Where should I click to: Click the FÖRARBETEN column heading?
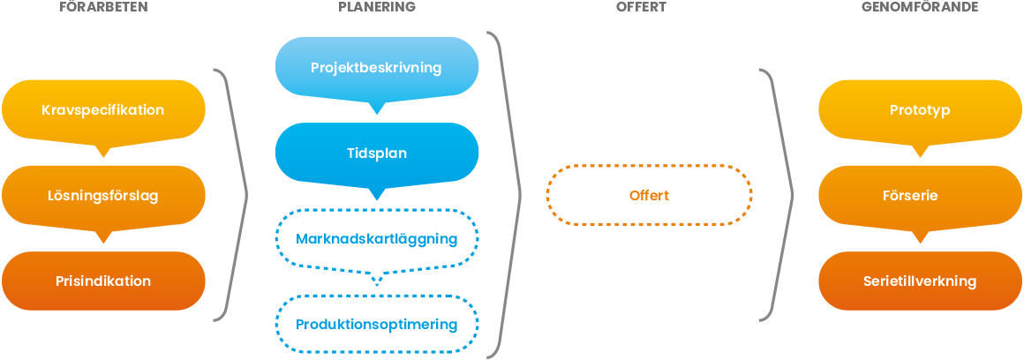pyautogui.click(x=103, y=7)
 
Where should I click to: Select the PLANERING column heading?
pyautogui.click(x=377, y=7)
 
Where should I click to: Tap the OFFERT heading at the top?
pyautogui.click(x=641, y=7)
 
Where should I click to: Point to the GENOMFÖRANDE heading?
pyautogui.click(x=920, y=7)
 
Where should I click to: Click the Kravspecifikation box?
pyautogui.click(x=103, y=110)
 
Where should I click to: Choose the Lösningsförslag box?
pyautogui.click(x=103, y=196)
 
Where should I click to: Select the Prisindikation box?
pyautogui.click(x=103, y=281)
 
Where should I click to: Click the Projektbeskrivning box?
pyautogui.click(x=377, y=67)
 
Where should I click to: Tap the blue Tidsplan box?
pyautogui.click(x=377, y=153)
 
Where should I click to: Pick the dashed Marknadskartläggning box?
pyautogui.click(x=377, y=239)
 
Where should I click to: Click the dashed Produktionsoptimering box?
pyautogui.click(x=377, y=324)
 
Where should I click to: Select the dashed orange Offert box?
pyautogui.click(x=649, y=195)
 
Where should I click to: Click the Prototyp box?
pyautogui.click(x=920, y=110)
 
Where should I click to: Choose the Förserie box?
pyautogui.click(x=920, y=196)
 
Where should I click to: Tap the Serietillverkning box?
pyautogui.click(x=920, y=281)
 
